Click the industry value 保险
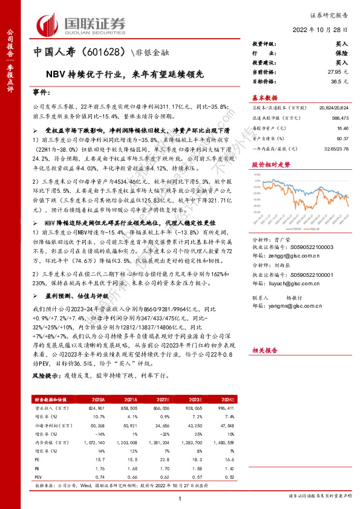pos(342,53)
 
